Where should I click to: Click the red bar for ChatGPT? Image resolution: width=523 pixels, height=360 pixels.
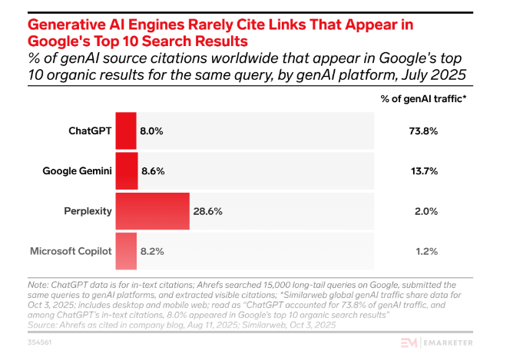(x=125, y=130)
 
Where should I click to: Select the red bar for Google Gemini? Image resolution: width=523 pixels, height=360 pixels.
(x=126, y=170)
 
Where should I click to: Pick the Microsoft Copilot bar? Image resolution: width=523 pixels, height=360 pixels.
(x=125, y=250)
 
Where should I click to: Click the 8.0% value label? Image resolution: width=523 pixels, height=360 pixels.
(x=151, y=130)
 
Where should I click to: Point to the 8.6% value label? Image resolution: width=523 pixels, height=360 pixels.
(x=152, y=170)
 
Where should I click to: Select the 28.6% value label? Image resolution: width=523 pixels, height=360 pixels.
(x=207, y=210)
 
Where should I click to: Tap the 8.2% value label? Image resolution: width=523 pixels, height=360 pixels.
(x=151, y=250)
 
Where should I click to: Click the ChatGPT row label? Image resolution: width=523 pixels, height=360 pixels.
(x=89, y=130)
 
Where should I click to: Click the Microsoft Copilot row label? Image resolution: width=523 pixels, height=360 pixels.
(x=71, y=250)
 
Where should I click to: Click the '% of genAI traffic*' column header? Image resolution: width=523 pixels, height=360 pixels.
(x=423, y=98)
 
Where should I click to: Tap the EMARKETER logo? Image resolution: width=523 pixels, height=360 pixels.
(x=437, y=342)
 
